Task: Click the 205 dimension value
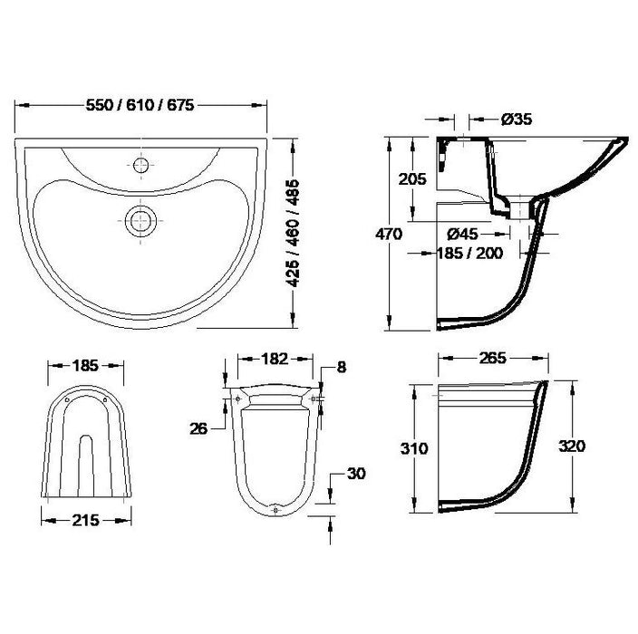click(x=412, y=178)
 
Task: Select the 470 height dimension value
click(x=389, y=235)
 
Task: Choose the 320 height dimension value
click(x=572, y=446)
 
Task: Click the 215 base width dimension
click(x=85, y=520)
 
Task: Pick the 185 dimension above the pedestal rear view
click(x=85, y=368)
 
